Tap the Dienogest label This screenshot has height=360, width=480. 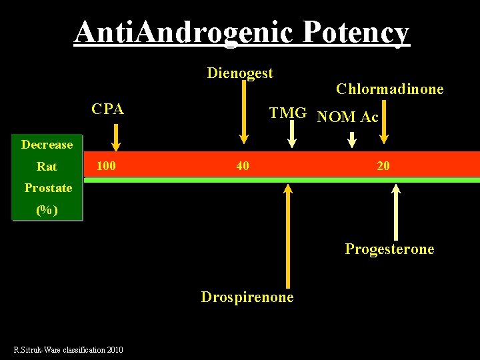tap(240, 73)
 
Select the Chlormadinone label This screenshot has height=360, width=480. tap(390, 89)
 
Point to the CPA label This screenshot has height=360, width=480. tap(108, 109)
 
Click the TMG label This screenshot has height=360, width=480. tap(287, 113)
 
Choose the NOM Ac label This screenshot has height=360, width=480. tap(348, 118)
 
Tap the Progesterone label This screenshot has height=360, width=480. tap(389, 249)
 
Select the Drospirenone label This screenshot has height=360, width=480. tap(247, 297)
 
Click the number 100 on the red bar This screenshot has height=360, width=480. tap(106, 165)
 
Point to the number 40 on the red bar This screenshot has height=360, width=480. tap(243, 165)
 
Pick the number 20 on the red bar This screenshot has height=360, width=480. tap(383, 165)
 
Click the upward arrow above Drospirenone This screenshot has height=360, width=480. tap(288, 233)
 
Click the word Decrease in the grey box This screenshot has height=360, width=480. tap(47, 145)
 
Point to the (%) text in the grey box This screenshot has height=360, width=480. tap(47, 210)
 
